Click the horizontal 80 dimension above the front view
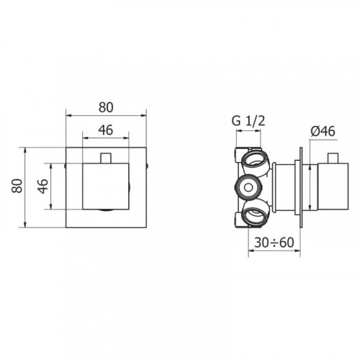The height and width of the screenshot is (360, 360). tap(106, 107)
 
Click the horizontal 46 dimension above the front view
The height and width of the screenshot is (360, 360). tap(106, 130)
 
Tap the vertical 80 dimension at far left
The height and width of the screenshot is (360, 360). tap(17, 186)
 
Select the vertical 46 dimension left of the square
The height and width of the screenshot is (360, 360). tap(42, 186)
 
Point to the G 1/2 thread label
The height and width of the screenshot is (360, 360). tap(248, 121)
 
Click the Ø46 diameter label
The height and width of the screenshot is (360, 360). tap(323, 132)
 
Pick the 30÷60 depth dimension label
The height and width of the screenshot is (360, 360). tap(274, 243)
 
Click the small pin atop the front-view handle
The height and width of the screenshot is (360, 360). tap(106, 158)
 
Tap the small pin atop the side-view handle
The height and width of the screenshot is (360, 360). tap(333, 158)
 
